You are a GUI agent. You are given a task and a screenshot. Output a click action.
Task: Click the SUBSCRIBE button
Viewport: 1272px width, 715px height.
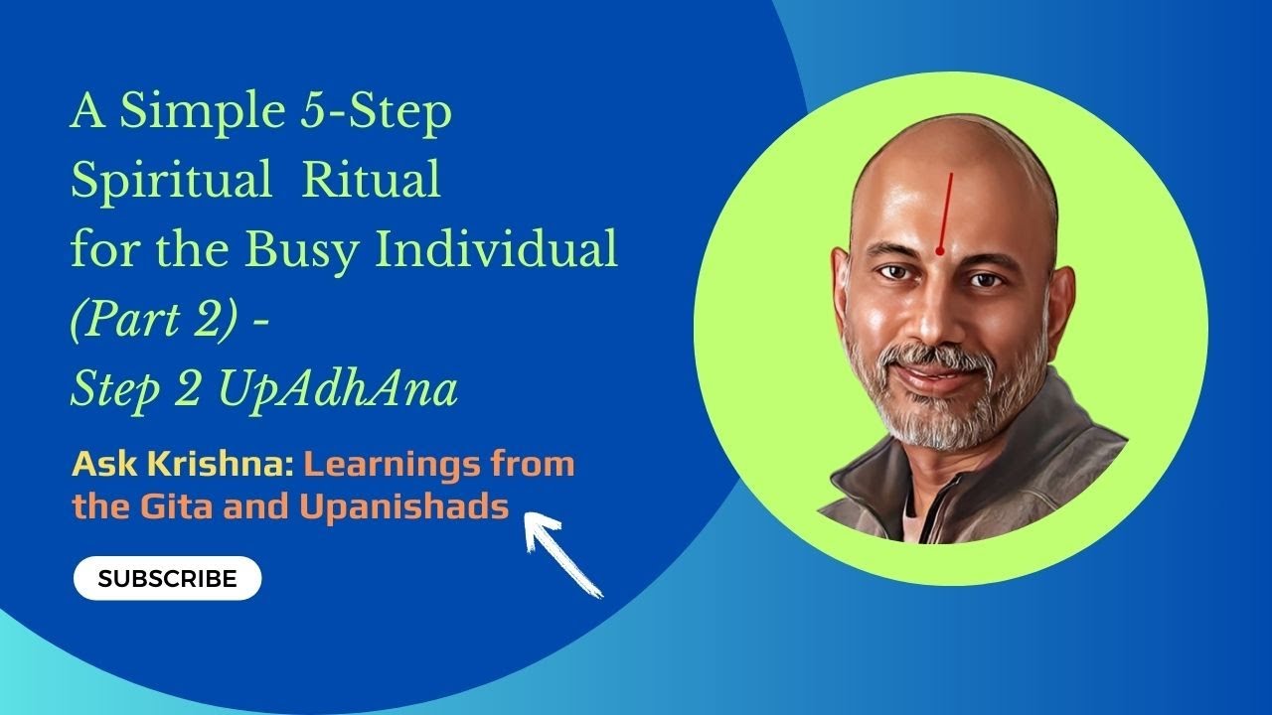click(x=167, y=578)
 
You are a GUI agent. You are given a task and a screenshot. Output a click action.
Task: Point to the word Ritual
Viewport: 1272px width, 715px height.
click(x=371, y=182)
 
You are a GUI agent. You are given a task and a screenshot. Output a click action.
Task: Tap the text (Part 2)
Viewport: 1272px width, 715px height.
click(x=150, y=320)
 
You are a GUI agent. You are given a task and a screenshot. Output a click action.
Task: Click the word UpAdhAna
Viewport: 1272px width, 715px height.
click(x=337, y=389)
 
